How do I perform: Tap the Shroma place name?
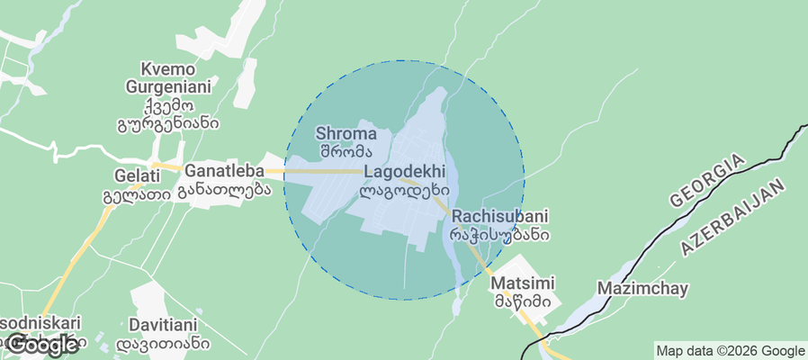click(x=346, y=133)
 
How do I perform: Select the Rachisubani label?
click(x=500, y=217)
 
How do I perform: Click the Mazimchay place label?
click(x=642, y=289)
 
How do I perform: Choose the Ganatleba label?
click(x=224, y=170)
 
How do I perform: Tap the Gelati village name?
click(x=137, y=175)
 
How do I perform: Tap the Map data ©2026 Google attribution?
click(x=730, y=351)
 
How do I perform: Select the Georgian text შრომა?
click(x=346, y=150)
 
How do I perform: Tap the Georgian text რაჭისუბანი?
click(x=496, y=235)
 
